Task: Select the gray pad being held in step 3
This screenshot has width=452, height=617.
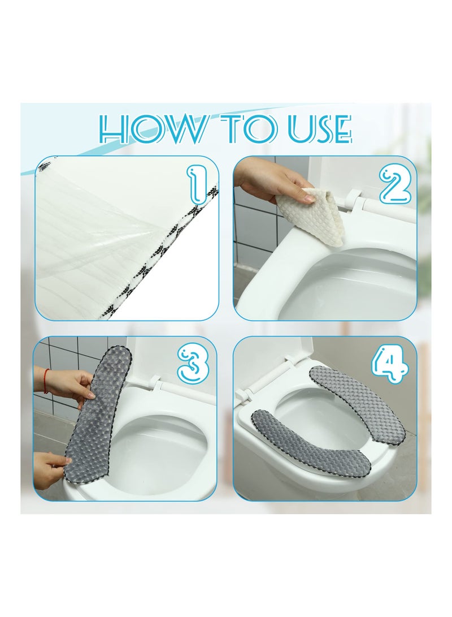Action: (96, 418)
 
